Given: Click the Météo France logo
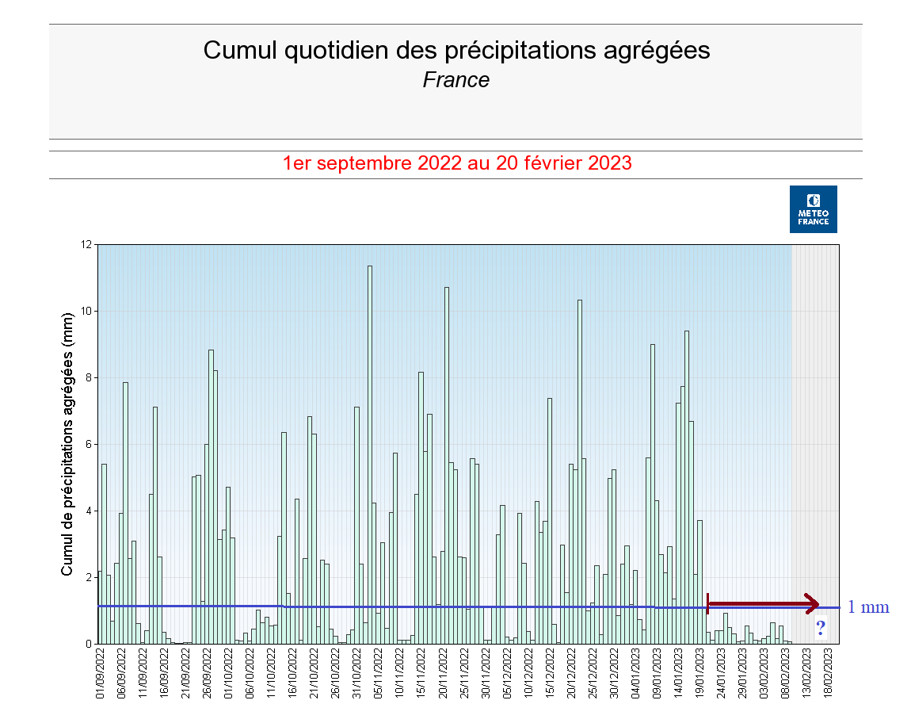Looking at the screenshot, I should point(813,209).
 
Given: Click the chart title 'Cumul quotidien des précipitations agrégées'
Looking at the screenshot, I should point(456,50).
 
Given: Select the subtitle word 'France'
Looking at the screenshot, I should point(456,80).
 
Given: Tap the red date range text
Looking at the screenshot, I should point(457,163).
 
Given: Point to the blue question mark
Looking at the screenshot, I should point(821,629).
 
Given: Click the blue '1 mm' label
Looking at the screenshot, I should point(868,607).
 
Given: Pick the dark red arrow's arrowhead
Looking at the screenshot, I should point(811,604).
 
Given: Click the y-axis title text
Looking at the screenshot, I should point(67,443).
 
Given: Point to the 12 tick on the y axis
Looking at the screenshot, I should point(86,244).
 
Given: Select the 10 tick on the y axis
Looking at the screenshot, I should point(86,311).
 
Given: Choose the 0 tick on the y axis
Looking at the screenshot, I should point(88,644).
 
